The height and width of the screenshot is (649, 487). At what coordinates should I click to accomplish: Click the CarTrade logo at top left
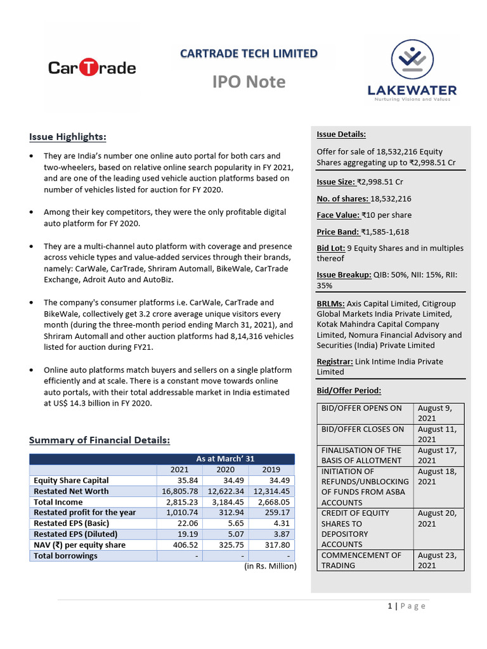pyautogui.click(x=93, y=67)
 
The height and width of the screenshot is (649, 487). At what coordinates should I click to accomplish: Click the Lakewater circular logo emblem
pyautogui.click(x=412, y=61)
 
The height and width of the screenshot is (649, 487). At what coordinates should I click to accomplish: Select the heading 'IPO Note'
pyautogui.click(x=249, y=82)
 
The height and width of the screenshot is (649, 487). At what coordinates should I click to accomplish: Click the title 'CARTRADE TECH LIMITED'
pyautogui.click(x=249, y=53)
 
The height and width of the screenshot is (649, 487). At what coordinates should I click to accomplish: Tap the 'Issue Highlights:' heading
pyautogui.click(x=68, y=137)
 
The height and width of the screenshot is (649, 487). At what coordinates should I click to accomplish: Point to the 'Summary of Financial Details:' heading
pyautogui.click(x=100, y=440)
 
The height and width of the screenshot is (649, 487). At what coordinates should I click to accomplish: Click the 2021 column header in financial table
pyautogui.click(x=179, y=470)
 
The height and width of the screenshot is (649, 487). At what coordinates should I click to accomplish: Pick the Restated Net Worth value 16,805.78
pyautogui.click(x=179, y=491)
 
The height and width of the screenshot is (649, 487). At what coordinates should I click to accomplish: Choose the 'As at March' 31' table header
pyautogui.click(x=226, y=459)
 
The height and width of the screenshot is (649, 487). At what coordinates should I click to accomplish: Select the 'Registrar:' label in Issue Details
pyautogui.click(x=335, y=361)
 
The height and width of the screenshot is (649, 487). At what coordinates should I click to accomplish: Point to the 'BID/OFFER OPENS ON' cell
pyautogui.click(x=362, y=408)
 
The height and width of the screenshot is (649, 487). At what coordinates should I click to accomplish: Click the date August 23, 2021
pyautogui.click(x=438, y=560)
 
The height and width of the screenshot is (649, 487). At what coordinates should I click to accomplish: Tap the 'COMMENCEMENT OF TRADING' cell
pyautogui.click(x=361, y=560)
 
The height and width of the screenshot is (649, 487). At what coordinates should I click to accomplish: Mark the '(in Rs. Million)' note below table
pyautogui.click(x=270, y=566)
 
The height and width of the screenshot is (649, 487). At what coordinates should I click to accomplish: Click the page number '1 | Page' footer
pyautogui.click(x=406, y=606)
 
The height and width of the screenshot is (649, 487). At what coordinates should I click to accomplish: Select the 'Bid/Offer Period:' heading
pyautogui.click(x=349, y=390)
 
